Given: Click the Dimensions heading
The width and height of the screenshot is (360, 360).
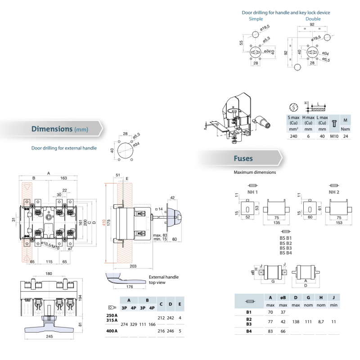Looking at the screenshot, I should coord(52,129).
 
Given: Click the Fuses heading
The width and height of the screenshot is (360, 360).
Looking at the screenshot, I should coord(243,158).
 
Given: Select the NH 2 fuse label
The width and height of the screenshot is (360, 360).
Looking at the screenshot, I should coord(334,192).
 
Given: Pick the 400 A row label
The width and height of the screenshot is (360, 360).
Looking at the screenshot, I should coord(111,331).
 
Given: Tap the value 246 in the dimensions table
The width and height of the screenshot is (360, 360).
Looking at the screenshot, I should coord(171,331).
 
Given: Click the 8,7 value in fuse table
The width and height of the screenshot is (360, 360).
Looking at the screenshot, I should coord(320,322).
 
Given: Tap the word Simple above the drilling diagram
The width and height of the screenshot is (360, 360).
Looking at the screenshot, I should coord(256,19).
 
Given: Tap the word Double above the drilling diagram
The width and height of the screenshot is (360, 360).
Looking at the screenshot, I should coord(313,19).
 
